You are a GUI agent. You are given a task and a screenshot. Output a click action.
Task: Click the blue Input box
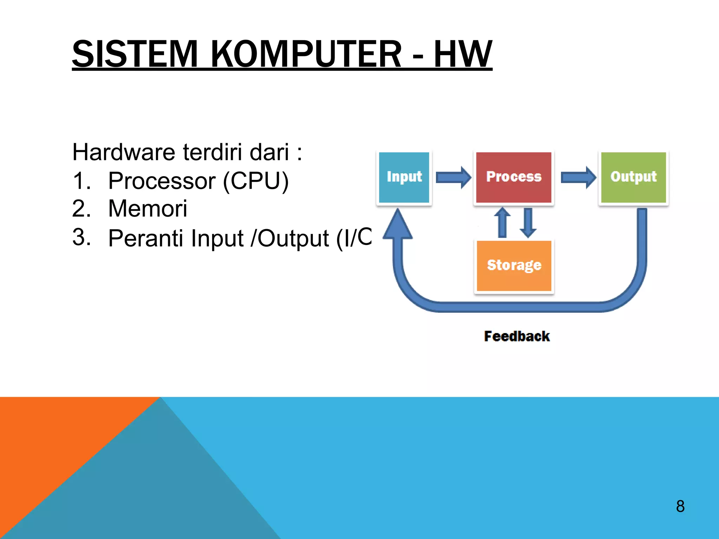404,177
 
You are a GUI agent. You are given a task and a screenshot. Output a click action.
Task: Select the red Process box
514,177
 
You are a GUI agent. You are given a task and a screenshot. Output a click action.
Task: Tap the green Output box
633,177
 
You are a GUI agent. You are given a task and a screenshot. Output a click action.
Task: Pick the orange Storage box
514,266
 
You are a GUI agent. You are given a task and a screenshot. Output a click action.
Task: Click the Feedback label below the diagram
517,336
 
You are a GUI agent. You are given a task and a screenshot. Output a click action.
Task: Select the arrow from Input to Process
453,177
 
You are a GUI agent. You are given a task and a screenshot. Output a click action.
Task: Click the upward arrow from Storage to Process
502,222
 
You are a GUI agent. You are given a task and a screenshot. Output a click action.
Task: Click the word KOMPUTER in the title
306,54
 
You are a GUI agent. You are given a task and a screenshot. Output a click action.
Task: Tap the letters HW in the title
463,54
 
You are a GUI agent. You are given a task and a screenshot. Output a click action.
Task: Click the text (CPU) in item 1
256,181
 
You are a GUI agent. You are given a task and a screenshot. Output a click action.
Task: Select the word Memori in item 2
147,209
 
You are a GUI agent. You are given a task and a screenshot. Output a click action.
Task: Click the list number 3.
81,237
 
